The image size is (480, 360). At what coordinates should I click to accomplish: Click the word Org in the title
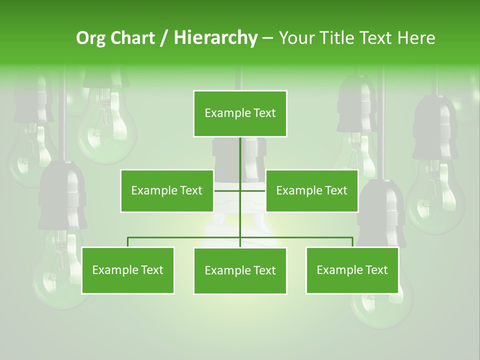(x=90, y=38)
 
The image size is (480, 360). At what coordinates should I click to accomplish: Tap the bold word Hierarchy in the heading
(x=215, y=38)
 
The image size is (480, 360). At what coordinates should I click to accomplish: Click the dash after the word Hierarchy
(x=267, y=38)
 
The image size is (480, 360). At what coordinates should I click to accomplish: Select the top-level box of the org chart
(x=240, y=113)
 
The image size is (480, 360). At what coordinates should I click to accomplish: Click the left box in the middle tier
(x=167, y=190)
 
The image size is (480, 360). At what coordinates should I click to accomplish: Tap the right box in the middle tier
(x=312, y=190)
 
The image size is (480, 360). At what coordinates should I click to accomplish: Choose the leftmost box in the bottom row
(x=128, y=270)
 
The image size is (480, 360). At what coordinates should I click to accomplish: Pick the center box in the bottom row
(x=240, y=271)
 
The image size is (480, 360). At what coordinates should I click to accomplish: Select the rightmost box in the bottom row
(x=352, y=270)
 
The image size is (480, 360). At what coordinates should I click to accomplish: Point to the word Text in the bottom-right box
(x=376, y=270)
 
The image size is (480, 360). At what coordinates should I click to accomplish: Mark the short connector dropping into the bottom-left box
(x=128, y=242)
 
